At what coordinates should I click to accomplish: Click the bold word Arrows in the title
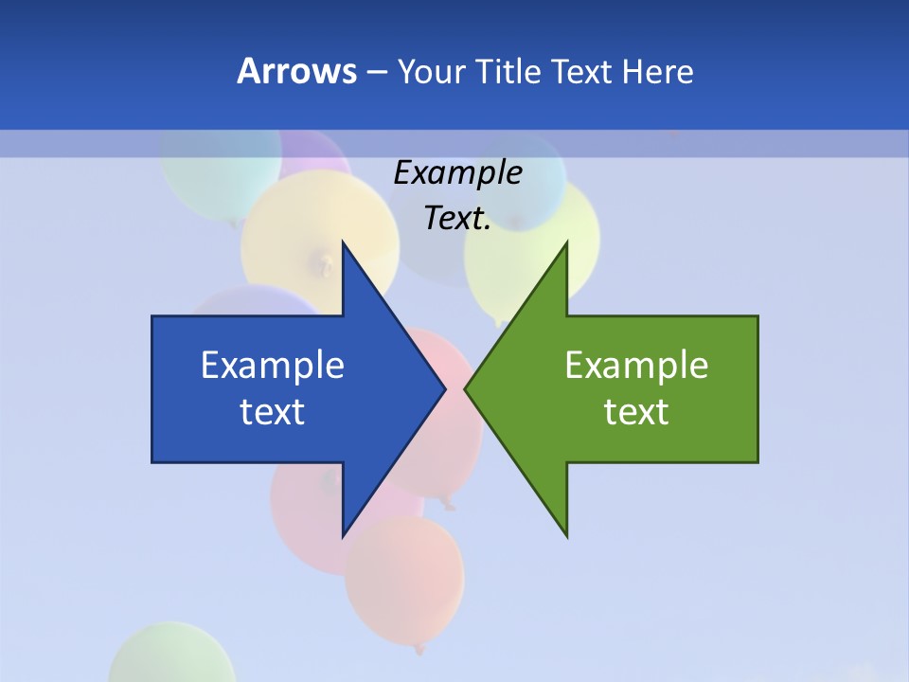295,71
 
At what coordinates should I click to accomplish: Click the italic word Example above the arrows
457,173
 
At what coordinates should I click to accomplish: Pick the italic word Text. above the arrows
457,219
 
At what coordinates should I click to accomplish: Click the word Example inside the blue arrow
273,366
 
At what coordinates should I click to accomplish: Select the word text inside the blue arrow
273,412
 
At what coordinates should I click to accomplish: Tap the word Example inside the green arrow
636,366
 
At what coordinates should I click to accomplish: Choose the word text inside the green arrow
636,412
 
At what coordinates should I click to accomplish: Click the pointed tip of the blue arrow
444,388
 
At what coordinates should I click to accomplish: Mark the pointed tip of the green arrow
466,388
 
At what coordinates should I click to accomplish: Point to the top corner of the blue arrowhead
343,242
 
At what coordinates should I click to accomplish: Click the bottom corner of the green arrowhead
566,536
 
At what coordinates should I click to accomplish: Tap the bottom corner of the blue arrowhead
343,536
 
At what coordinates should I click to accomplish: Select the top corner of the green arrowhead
566,242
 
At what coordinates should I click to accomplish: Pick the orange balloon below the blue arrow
404,583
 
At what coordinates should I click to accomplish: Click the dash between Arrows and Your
376,72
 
